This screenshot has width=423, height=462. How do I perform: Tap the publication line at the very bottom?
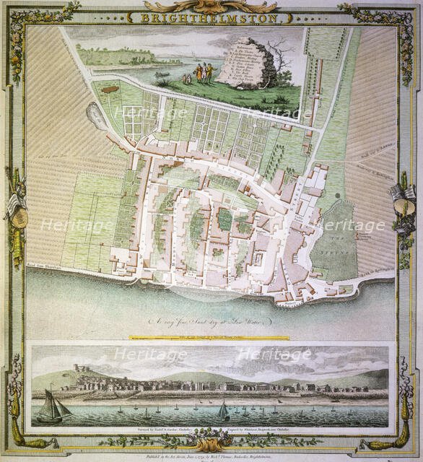(x=211, y=457)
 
